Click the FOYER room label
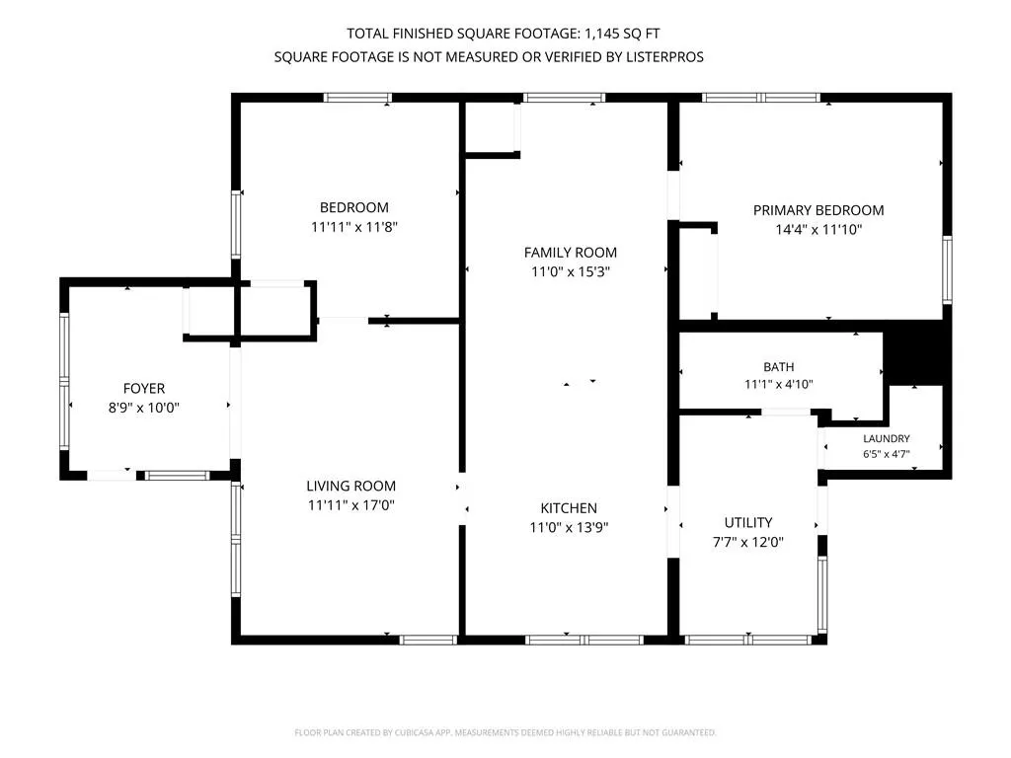pyautogui.click(x=144, y=389)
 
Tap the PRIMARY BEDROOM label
pyautogui.click(x=818, y=210)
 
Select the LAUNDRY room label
pyautogui.click(x=887, y=438)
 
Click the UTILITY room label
pyautogui.click(x=748, y=522)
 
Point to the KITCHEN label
pyautogui.click(x=569, y=508)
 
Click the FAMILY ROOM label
pyautogui.click(x=570, y=253)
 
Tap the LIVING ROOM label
pyautogui.click(x=350, y=486)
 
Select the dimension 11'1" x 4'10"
pyautogui.click(x=779, y=384)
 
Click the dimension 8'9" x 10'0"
pyautogui.click(x=144, y=408)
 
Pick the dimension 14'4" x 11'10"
pyautogui.click(x=818, y=229)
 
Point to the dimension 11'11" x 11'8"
pyautogui.click(x=354, y=227)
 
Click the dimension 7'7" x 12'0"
pyautogui.click(x=748, y=542)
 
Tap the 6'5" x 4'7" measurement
pyautogui.click(x=887, y=454)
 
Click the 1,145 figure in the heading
pyautogui.click(x=601, y=34)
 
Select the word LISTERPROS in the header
pyautogui.click(x=664, y=56)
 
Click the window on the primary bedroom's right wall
pyautogui.click(x=947, y=269)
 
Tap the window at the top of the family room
pyautogui.click(x=564, y=98)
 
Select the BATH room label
pyautogui.click(x=779, y=367)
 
